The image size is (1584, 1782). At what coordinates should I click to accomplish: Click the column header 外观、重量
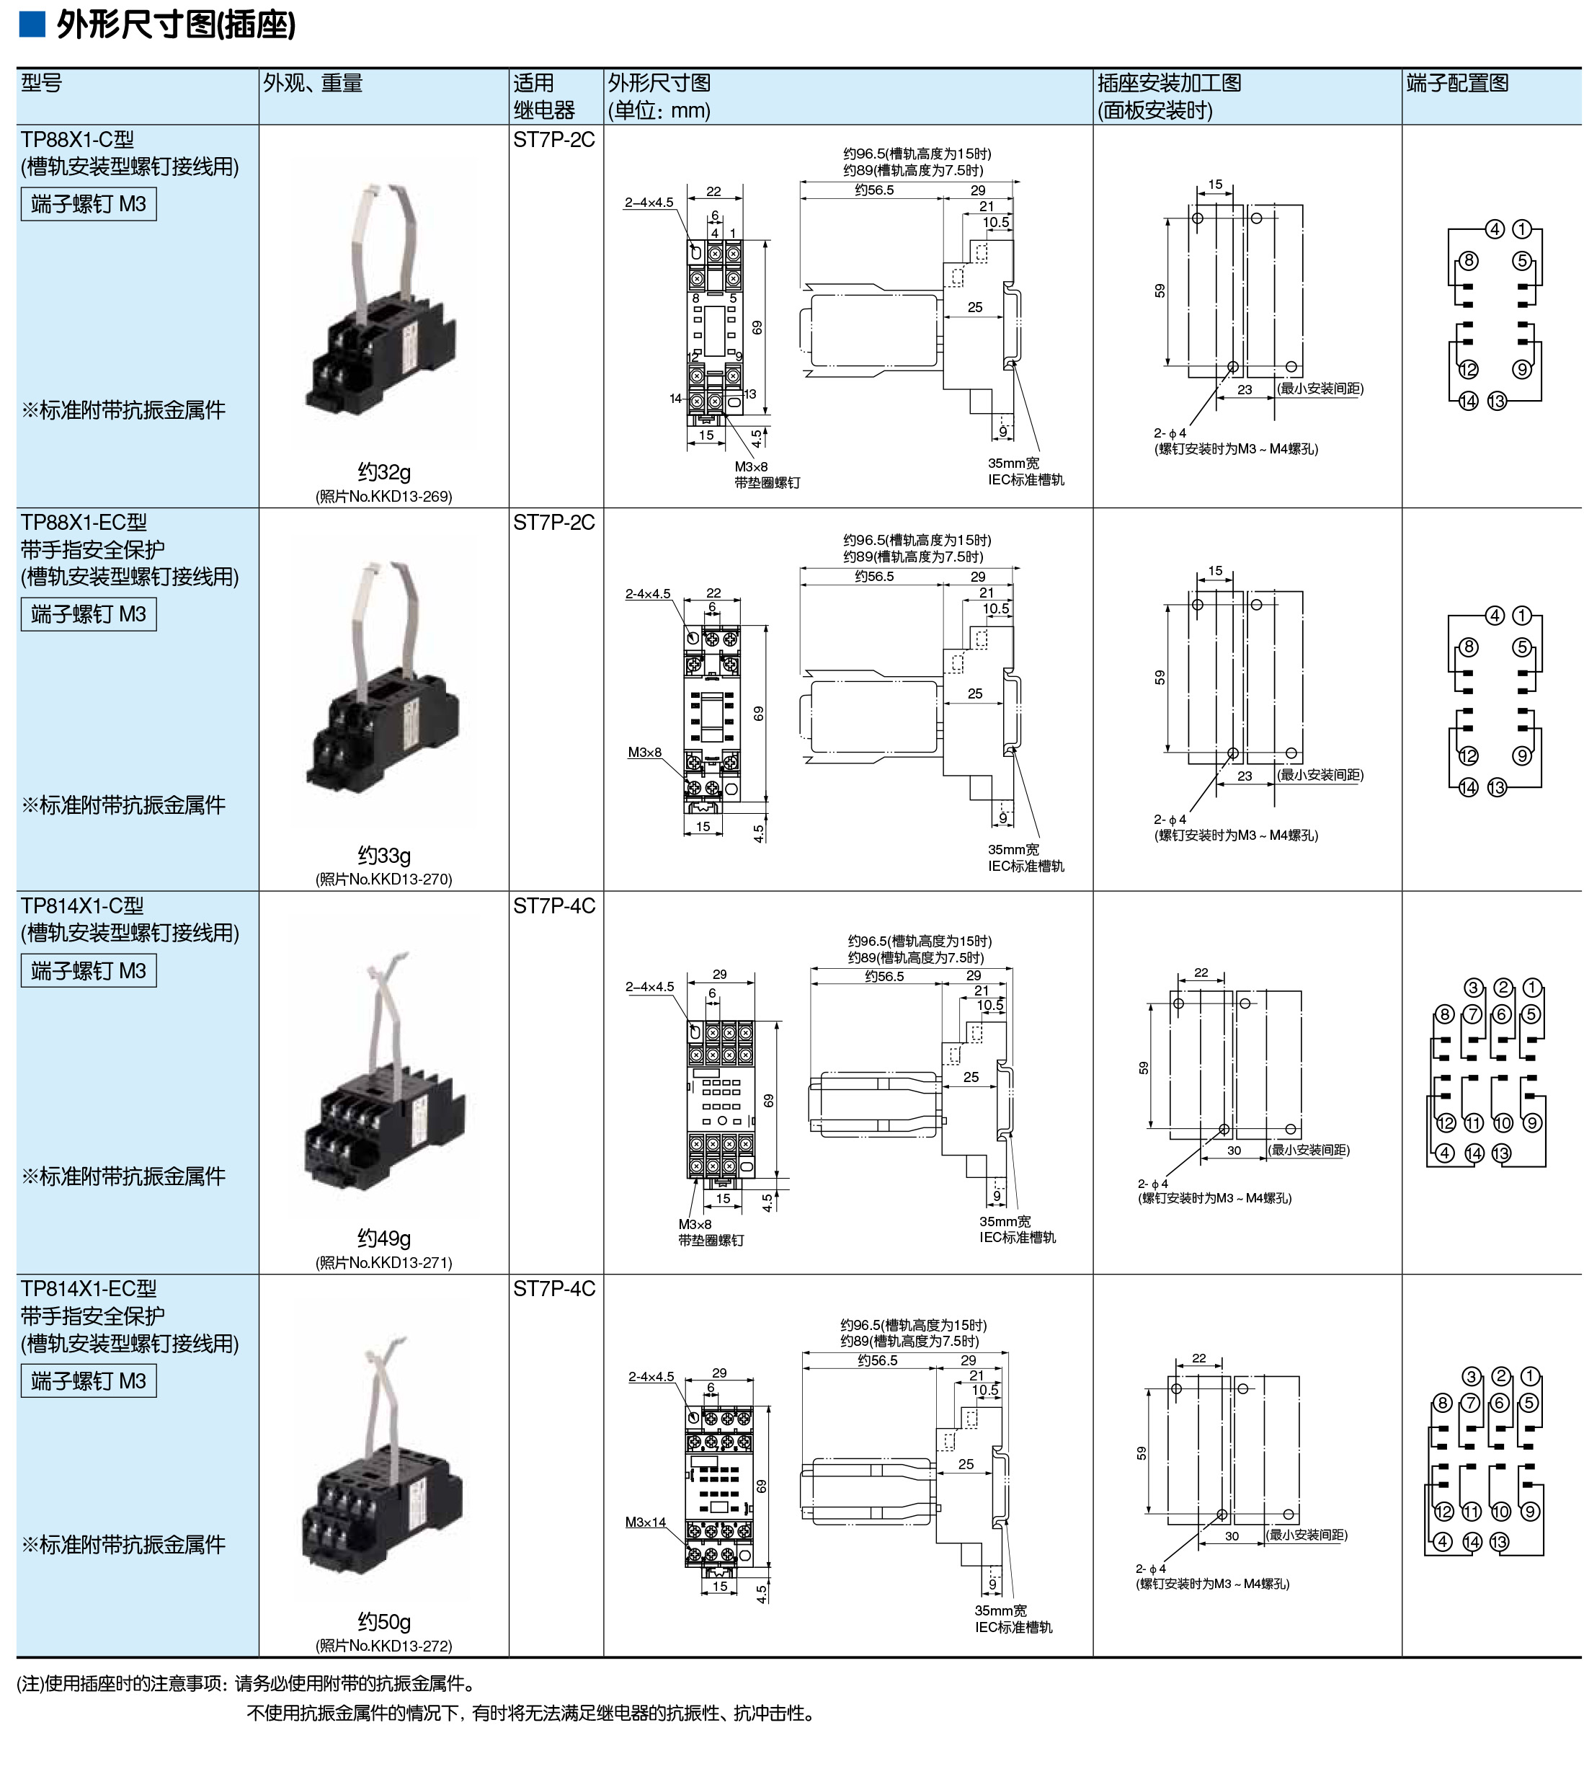coord(312,83)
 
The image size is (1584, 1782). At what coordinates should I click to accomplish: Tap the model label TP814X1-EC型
coord(89,1288)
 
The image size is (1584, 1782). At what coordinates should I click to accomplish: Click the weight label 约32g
coord(383,471)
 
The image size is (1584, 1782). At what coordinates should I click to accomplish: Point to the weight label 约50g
coord(383,1621)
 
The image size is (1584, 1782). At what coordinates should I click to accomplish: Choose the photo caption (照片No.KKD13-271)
coord(383,1262)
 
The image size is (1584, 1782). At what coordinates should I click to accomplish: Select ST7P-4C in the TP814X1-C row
coord(553,906)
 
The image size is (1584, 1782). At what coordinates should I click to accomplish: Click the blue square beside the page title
coord(32,25)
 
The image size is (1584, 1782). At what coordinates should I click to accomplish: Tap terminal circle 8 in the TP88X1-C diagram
coord(1469,261)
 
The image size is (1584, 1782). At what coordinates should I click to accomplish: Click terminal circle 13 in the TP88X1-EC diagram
coord(1497,787)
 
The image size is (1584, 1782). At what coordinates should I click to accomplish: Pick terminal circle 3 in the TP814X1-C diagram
coord(1473,988)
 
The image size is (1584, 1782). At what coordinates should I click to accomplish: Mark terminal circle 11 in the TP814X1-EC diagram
coord(1472,1512)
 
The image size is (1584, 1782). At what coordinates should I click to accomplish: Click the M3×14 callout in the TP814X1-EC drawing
coord(645,1522)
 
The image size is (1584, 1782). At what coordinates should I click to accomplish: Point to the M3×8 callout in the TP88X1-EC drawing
coord(645,753)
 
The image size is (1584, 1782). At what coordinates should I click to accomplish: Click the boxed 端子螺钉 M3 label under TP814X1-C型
coord(89,970)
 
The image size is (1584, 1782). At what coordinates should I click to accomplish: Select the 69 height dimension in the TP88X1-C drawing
coord(757,328)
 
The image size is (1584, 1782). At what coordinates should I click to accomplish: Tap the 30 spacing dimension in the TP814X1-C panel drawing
coord(1234,1151)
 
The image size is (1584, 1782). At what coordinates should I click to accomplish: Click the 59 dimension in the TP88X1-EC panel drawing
coord(1160,678)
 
